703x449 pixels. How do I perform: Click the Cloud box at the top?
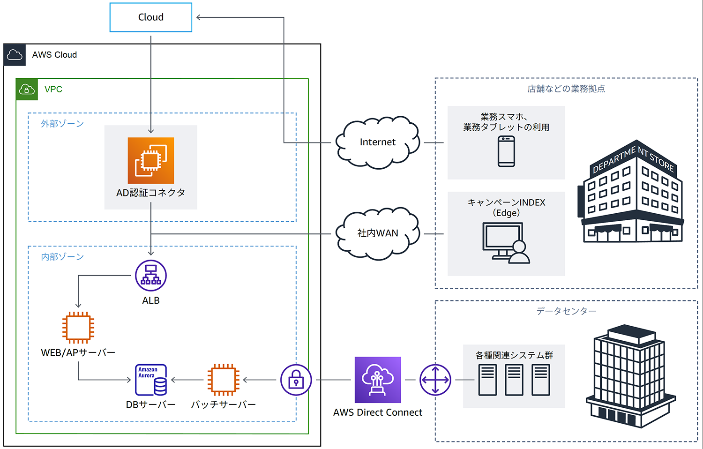(150, 17)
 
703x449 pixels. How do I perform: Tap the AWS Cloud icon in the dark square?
(15, 55)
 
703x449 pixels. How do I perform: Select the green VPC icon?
(27, 89)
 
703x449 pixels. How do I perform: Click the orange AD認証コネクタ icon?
(151, 160)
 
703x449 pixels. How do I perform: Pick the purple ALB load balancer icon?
(151, 276)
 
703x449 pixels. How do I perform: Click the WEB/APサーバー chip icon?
(78, 328)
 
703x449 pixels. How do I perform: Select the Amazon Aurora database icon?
(151, 380)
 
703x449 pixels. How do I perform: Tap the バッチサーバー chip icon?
(224, 380)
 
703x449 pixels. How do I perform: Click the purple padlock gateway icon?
(296, 380)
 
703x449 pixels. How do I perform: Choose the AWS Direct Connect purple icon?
(378, 380)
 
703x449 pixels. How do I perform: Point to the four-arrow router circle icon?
(435, 380)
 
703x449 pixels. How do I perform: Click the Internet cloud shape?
(378, 142)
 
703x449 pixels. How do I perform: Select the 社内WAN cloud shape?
(378, 233)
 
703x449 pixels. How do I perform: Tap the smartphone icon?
(506, 151)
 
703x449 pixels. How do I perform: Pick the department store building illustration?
(631, 192)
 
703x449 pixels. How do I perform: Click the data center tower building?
(630, 375)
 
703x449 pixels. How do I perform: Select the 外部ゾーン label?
(62, 124)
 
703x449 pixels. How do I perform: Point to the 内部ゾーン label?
(62, 257)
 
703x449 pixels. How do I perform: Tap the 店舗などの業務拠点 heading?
(566, 89)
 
